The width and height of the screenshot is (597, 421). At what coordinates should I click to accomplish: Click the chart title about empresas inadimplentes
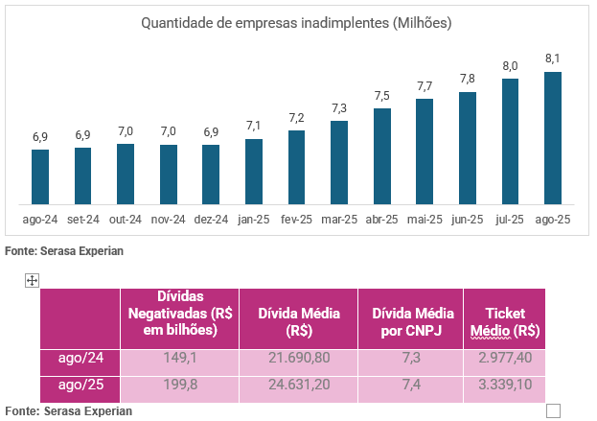[x=296, y=22]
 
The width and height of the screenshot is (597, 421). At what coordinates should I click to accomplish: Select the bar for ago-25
[x=553, y=138]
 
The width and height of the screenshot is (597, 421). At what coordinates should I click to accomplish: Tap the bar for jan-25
[x=254, y=172]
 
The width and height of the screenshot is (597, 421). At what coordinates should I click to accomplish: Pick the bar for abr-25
[x=382, y=156]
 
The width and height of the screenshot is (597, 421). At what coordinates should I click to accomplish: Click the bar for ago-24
[x=40, y=176]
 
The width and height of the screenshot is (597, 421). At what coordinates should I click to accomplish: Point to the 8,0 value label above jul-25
[x=510, y=65]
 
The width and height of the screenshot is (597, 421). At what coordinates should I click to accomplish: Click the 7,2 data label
[x=297, y=117]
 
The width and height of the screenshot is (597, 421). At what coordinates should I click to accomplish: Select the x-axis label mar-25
[x=339, y=220]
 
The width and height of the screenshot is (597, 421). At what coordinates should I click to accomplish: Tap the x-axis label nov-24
[x=169, y=220]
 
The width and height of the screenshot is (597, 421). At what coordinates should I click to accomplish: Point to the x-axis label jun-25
[x=467, y=220]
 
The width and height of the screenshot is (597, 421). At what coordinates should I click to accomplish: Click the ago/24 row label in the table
[x=82, y=358]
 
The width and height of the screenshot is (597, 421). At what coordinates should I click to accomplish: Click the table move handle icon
[x=31, y=280]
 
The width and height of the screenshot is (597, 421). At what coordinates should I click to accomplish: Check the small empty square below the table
[x=553, y=411]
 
